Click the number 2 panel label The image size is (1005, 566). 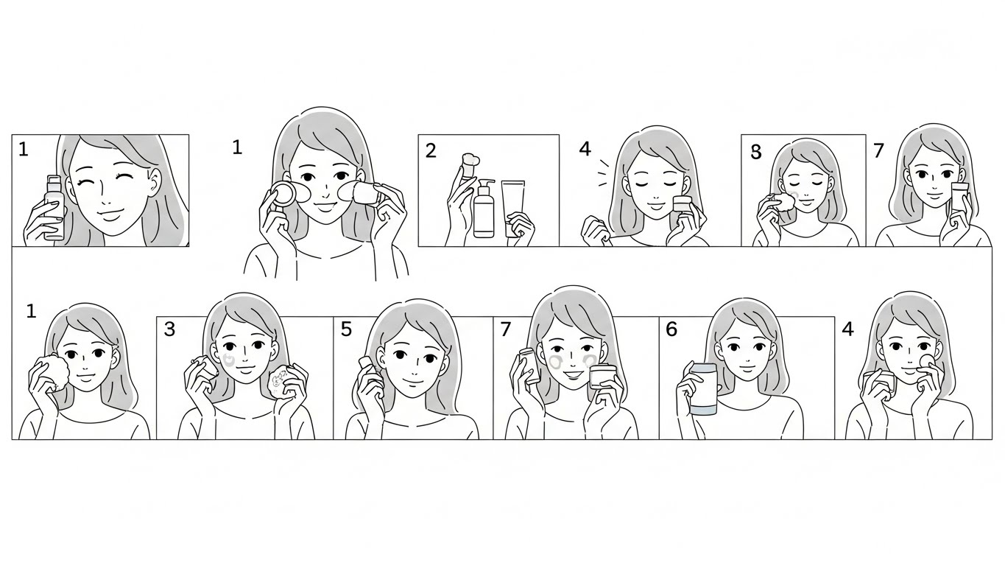tap(431, 151)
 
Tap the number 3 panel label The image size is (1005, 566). tap(169, 329)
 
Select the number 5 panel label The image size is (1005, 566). tap(346, 329)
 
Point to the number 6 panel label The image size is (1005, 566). tap(671, 329)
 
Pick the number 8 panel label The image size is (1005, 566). tap(756, 153)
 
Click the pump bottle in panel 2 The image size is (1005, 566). tap(484, 208)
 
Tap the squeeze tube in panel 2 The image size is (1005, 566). tap(513, 208)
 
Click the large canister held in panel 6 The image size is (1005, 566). tap(702, 389)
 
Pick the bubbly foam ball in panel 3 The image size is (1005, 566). tap(279, 381)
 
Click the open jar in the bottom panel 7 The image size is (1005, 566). tap(602, 377)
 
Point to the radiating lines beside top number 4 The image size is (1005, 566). tap(604, 174)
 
